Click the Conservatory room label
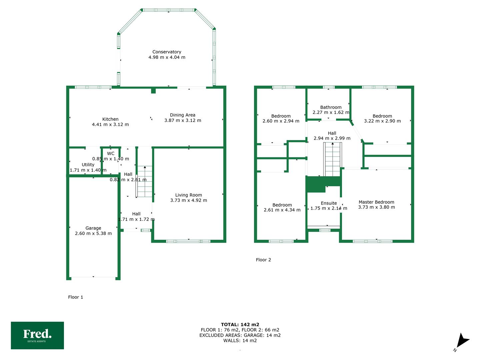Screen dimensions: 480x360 167,52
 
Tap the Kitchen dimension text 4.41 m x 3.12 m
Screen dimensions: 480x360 110,124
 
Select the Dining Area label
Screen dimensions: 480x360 183,115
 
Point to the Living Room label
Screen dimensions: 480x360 189,195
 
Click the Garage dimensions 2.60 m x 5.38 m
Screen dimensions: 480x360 93,233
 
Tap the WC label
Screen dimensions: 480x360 111,153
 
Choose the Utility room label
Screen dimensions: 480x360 88,165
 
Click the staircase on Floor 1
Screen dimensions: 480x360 144,181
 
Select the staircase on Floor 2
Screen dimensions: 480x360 333,159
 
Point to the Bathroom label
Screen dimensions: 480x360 331,107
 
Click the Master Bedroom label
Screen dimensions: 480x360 376,202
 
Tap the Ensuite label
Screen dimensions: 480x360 329,203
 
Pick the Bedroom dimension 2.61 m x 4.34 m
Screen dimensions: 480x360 282,210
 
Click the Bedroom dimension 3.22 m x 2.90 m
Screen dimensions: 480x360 382,121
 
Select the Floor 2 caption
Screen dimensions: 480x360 263,260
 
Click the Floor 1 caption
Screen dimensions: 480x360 75,297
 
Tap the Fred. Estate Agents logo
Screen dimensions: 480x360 37,335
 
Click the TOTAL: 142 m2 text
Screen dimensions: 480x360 240,325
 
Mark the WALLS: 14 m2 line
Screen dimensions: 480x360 240,340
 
